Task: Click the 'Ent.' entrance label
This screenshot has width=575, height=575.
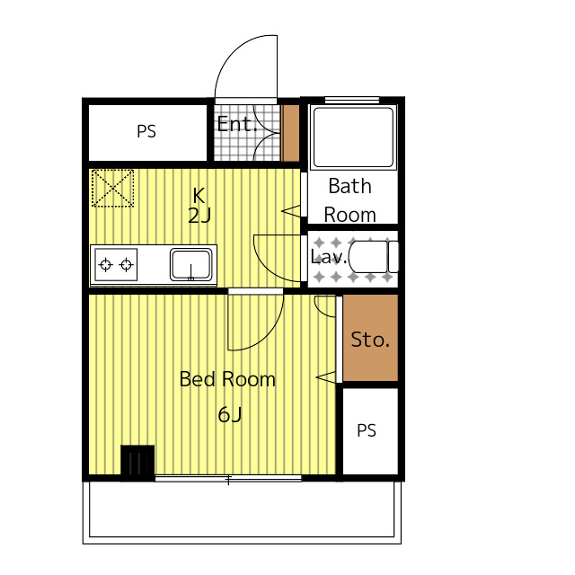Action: [x=236, y=124]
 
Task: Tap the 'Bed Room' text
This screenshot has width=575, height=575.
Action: [x=227, y=379]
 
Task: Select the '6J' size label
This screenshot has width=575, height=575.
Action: [x=230, y=415]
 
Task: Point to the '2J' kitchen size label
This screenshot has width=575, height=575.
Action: [x=199, y=216]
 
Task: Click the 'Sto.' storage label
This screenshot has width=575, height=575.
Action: [x=370, y=340]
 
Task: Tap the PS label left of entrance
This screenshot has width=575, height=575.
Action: [x=146, y=131]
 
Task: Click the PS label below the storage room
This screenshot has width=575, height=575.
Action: [x=367, y=430]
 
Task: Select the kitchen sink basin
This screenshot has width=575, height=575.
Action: [x=190, y=264]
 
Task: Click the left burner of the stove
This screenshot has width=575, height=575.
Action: [x=106, y=264]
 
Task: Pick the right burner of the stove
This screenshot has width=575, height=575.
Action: [x=127, y=264]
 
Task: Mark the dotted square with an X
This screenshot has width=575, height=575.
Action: [x=112, y=188]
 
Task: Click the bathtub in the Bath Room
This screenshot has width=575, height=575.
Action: [x=353, y=137]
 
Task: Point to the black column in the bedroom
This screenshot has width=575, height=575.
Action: [x=137, y=463]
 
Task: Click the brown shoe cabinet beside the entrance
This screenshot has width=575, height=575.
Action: [x=291, y=133]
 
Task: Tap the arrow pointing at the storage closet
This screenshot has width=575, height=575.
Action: [x=325, y=377]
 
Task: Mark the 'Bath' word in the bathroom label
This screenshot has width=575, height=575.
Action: [x=349, y=186]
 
